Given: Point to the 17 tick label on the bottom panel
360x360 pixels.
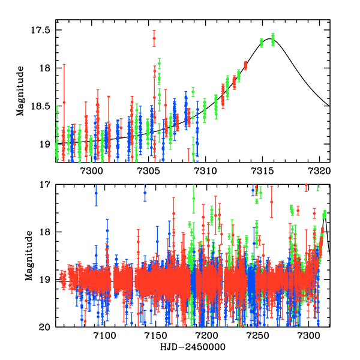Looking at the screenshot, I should tap(47, 185).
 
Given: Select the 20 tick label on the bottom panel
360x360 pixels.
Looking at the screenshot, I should tap(47, 327).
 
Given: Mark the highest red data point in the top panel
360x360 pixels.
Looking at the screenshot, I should tap(154, 38).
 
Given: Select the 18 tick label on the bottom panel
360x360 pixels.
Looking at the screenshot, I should tap(47, 232).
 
